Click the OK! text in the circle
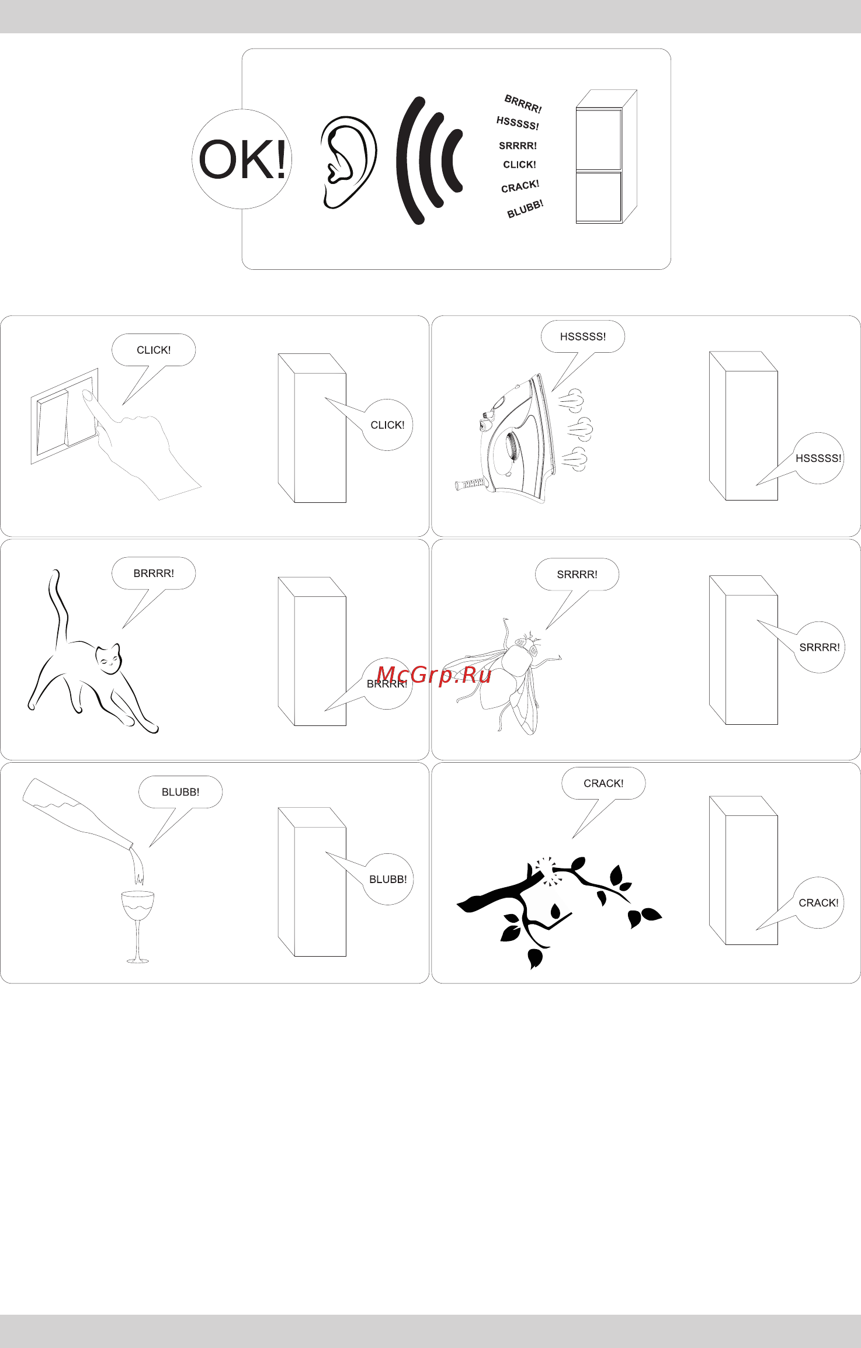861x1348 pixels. (242, 159)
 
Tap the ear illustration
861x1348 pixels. (348, 162)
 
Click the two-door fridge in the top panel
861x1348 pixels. (606, 157)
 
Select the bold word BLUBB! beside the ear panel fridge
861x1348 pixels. (525, 209)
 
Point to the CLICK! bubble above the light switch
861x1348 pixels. (154, 350)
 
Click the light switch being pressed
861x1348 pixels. (64, 416)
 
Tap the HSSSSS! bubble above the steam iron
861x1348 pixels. (583, 336)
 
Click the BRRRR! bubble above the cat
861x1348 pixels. (154, 573)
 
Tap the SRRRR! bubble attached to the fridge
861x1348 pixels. (820, 647)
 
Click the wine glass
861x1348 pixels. (138, 926)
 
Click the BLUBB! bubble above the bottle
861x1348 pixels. (180, 792)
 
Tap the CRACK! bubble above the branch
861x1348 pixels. (603, 783)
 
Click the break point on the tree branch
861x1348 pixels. (546, 868)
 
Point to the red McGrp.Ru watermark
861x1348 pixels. (434, 675)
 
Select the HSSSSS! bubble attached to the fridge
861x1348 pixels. (819, 458)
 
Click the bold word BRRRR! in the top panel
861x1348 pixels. (523, 104)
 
